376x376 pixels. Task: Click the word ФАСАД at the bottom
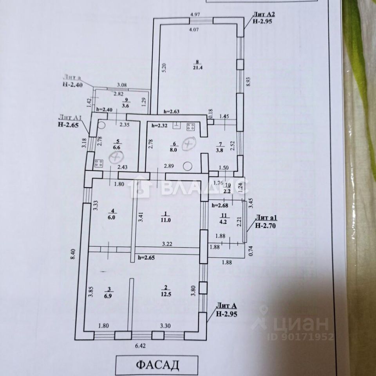coord(157,365)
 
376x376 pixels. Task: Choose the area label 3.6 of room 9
coord(125,105)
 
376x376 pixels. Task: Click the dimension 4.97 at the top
coord(195,15)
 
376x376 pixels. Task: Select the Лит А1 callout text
coord(70,117)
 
